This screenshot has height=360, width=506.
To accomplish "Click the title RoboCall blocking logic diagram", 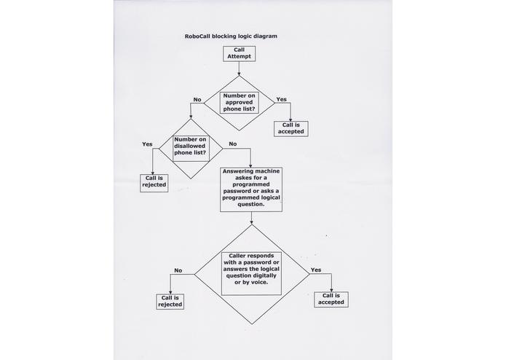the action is coord(231,36).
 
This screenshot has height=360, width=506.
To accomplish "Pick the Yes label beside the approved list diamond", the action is coord(282,99).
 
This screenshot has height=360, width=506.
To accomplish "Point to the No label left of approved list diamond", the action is coord(197,99).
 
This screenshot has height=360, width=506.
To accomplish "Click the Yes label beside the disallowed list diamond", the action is coord(147,144).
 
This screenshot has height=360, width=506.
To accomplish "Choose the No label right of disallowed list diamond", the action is coord(233,144).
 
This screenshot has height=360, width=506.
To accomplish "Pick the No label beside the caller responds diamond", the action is coord(178,270).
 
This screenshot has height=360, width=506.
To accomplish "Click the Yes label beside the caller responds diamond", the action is coord(316,270).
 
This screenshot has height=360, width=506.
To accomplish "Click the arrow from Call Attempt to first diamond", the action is coord(239,69).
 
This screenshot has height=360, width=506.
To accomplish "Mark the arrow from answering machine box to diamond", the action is coord(251,219).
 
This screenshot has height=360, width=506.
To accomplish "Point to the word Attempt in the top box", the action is coord(239,57).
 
